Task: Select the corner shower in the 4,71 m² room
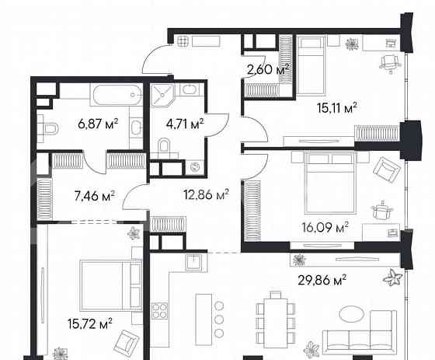165,96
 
